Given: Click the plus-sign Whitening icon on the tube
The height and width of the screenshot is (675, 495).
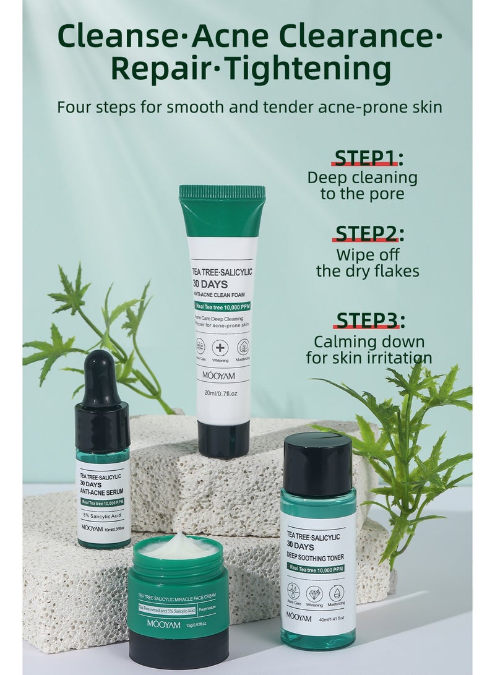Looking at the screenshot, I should click(220, 348).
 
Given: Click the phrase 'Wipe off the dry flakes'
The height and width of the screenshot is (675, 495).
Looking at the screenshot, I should click(368, 263).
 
